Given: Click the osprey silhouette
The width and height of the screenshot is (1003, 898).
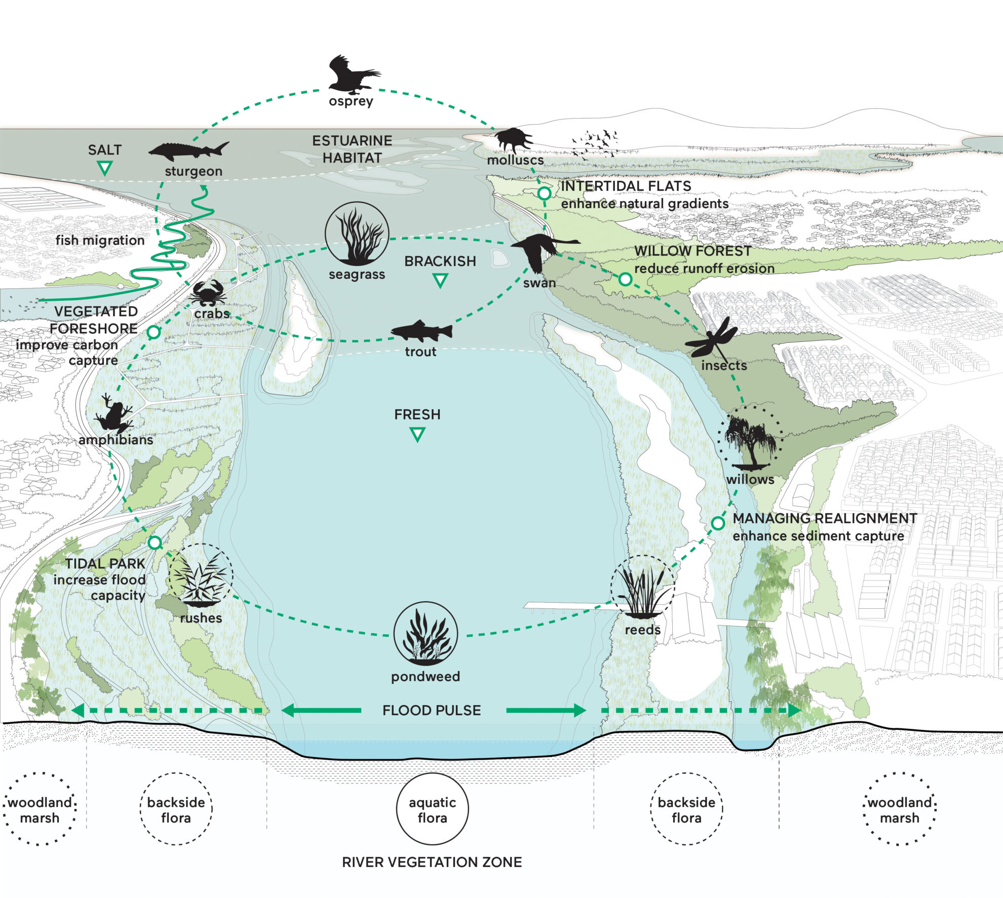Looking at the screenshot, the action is (353, 75).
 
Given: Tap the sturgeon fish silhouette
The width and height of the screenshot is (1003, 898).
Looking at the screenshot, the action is (188, 151).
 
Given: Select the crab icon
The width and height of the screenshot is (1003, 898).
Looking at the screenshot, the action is (208, 293).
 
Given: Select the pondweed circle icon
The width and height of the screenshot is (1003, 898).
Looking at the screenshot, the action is (426, 634).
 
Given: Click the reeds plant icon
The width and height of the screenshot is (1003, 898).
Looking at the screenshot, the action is (642, 588).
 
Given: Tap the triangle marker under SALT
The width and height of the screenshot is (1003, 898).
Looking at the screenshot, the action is (105, 168).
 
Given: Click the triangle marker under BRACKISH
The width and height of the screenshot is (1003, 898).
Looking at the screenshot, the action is (440, 280).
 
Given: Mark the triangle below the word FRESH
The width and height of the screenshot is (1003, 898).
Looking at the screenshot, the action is (417, 434).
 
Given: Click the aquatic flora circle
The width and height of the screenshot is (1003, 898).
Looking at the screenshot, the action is (432, 809).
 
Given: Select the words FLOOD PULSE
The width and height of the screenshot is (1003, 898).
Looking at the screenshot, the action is (432, 710).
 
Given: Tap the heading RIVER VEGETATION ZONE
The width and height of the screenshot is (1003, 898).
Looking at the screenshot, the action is (432, 862).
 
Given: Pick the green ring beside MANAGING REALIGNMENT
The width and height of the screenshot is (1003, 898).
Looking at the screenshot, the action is (718, 523).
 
